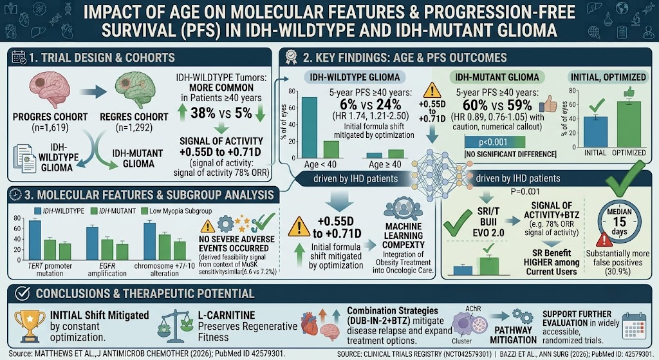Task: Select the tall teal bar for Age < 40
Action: click(x=310, y=128)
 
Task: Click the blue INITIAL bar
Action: click(x=595, y=131)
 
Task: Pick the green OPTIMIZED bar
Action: click(x=629, y=124)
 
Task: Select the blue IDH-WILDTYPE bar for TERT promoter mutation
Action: click(x=35, y=240)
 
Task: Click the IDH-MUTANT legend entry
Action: click(x=113, y=211)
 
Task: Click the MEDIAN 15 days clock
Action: click(x=619, y=221)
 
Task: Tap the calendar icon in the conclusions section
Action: click(x=635, y=327)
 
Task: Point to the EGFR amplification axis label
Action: click(x=107, y=270)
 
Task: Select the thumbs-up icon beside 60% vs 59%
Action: click(x=548, y=104)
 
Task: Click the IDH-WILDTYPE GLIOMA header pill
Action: click(x=355, y=77)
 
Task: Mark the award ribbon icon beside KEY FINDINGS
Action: click(x=291, y=57)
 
